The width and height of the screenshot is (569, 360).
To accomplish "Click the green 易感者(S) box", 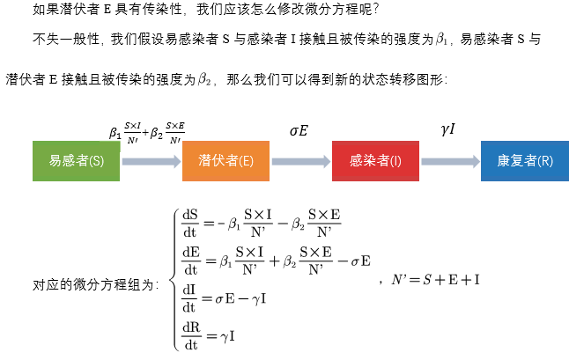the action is click(x=76, y=160).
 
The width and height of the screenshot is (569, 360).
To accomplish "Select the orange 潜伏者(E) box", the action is click(x=225, y=160).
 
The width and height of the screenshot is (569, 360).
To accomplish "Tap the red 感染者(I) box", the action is click(x=375, y=160).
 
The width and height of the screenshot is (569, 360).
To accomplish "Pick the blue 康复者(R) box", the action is click(x=525, y=160).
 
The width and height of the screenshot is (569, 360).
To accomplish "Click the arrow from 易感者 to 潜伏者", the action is click(x=151, y=161).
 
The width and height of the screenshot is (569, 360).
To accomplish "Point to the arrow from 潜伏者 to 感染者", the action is click(x=300, y=161).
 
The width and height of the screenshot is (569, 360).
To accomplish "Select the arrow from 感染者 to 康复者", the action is click(x=450, y=161).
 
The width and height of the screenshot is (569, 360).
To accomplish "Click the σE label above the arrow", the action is click(x=299, y=130).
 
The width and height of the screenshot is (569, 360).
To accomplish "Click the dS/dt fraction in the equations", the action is click(x=190, y=224).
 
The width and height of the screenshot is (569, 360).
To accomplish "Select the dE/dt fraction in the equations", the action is click(x=190, y=261).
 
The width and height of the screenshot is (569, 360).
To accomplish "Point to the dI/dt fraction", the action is click(x=190, y=298).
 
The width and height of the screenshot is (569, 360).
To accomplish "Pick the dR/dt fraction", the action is click(x=190, y=334).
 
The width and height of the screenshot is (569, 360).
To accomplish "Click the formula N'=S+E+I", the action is click(x=437, y=280).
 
